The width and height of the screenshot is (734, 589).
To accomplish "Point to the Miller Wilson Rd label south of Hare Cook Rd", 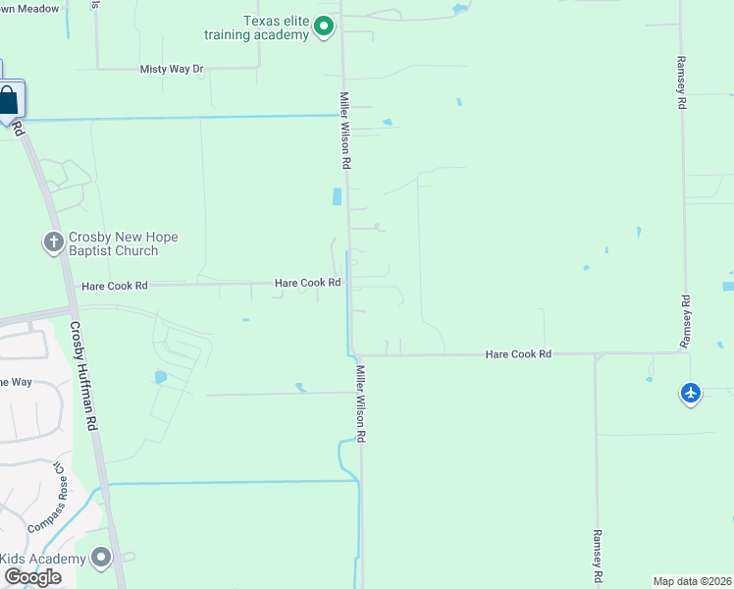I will (x=361, y=403).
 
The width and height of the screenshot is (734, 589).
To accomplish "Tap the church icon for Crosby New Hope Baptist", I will (x=53, y=241).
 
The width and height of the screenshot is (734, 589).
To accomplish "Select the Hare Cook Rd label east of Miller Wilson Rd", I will (x=518, y=353).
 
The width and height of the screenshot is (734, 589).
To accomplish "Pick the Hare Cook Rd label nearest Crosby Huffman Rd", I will (x=115, y=286).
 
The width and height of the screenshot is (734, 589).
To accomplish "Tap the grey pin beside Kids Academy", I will (x=101, y=558).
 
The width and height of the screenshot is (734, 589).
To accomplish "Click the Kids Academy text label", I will (x=43, y=559).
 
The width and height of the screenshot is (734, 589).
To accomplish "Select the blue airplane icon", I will (x=691, y=393).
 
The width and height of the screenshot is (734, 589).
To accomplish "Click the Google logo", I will (x=32, y=577).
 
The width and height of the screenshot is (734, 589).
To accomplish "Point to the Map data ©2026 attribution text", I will (x=692, y=580).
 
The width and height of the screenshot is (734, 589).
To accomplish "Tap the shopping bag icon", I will (x=9, y=100).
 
